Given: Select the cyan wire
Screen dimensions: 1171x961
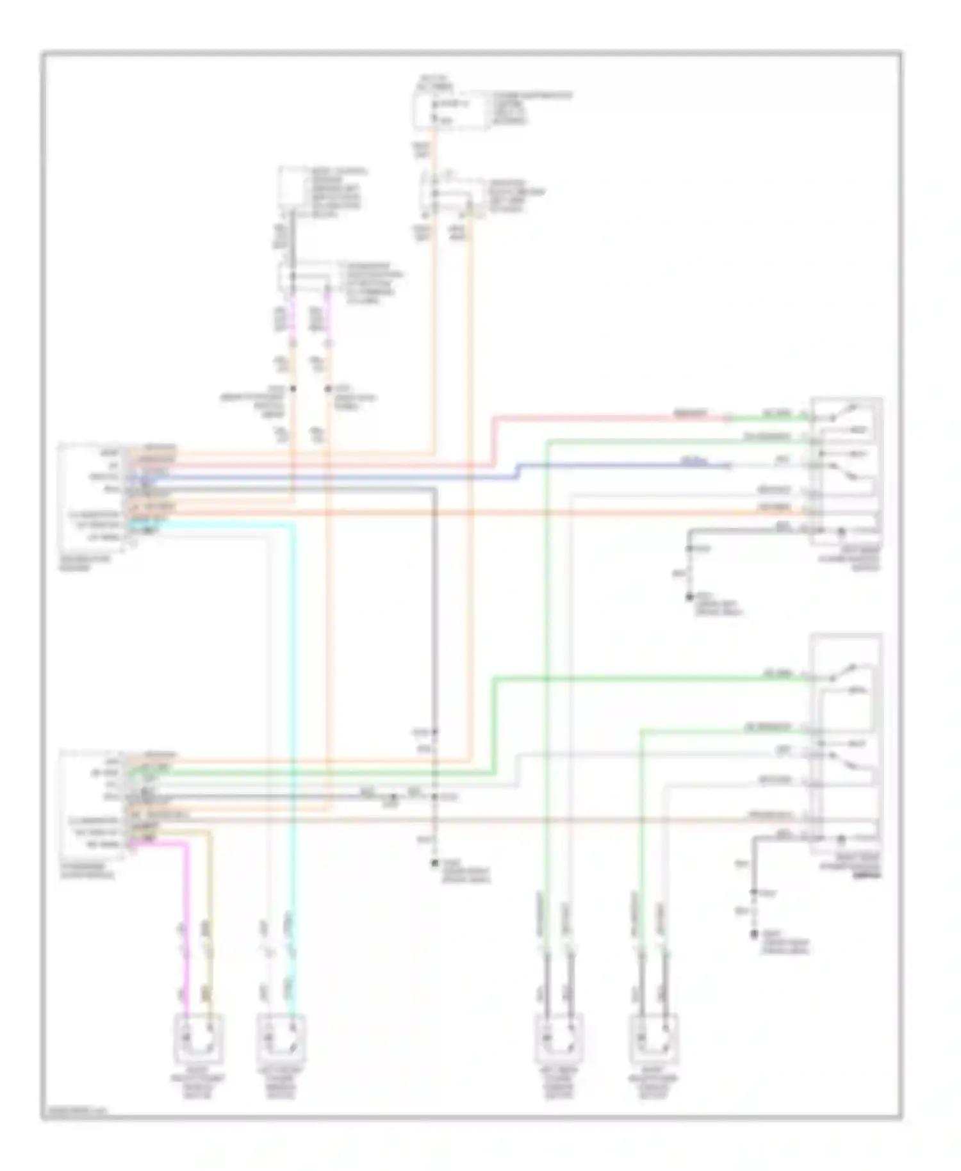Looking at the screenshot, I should pos(294,705).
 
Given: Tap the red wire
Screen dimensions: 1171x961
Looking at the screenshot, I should pos(609,418).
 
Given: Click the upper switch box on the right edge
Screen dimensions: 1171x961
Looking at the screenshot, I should pos(846,471).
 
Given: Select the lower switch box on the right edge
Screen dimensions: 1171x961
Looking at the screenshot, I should pos(846,743).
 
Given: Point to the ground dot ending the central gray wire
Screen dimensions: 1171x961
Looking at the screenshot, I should pos(434,863).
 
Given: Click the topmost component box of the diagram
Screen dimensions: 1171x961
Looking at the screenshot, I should pos(448,110).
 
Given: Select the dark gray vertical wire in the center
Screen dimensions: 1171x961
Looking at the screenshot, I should pos(434,609).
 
